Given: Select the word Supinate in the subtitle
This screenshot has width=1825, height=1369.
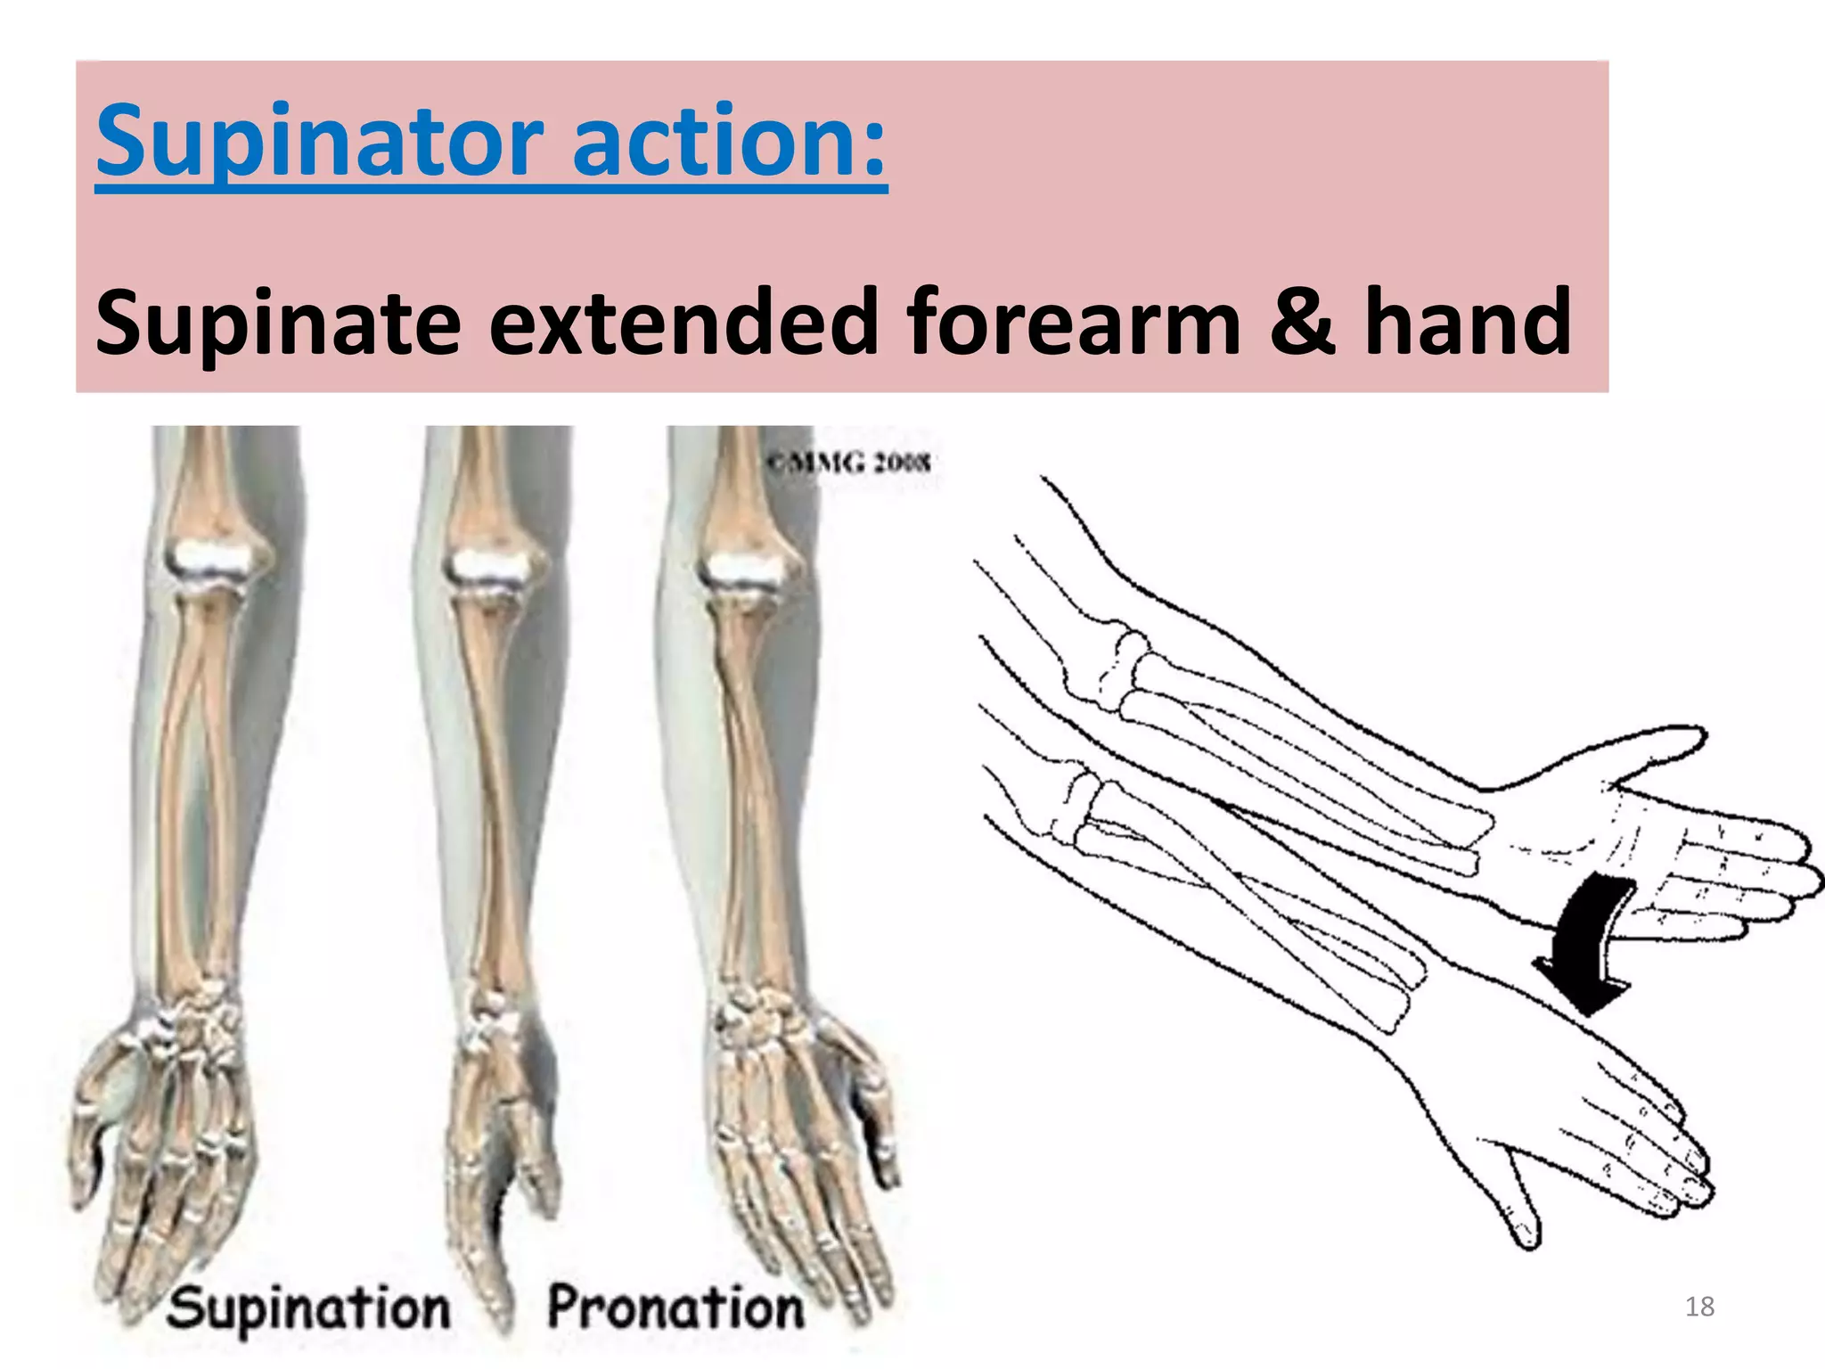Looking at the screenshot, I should click(x=278, y=323).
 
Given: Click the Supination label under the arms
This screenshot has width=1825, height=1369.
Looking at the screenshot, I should click(x=308, y=1308).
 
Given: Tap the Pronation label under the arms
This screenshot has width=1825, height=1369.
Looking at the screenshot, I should click(x=675, y=1308).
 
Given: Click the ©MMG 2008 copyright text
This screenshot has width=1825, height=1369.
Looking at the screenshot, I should click(x=848, y=463).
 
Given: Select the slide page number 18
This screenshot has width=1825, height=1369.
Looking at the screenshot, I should click(x=1699, y=1307).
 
